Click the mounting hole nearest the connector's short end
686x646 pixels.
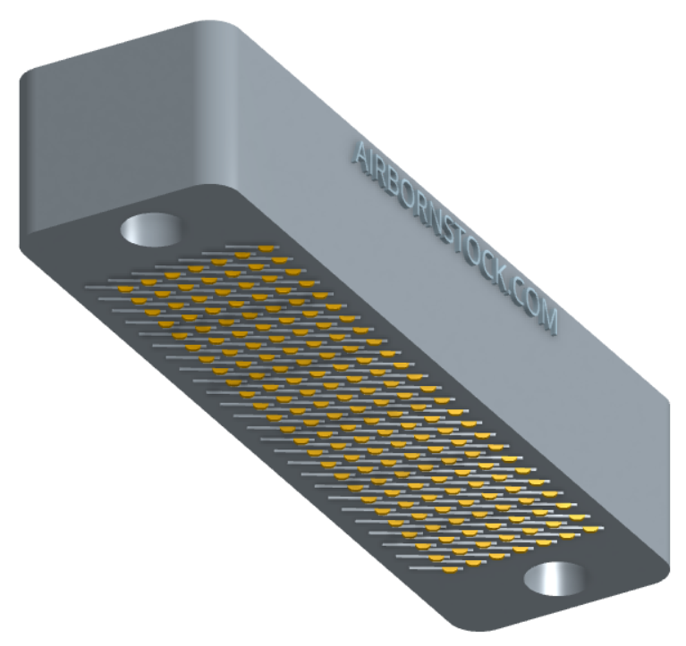150,230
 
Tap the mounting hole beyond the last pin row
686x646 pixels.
555,578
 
